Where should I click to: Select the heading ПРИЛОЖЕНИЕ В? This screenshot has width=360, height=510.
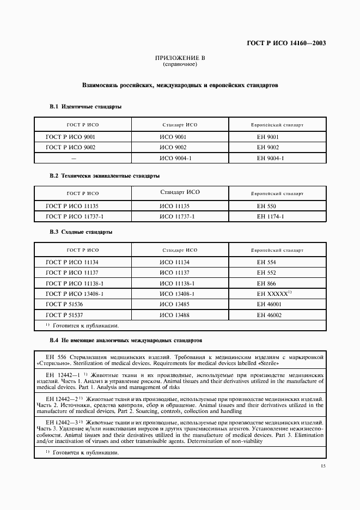[x=180, y=58]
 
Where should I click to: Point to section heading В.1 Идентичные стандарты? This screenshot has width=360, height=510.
[x=86, y=107]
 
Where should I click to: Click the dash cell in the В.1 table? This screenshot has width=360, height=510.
[x=74, y=158]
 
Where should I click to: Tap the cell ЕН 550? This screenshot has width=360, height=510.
[x=267, y=207]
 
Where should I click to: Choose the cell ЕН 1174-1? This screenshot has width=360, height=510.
[x=271, y=217]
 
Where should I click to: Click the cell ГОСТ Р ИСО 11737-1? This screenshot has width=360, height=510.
[x=75, y=217]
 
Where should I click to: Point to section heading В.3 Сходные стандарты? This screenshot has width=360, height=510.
[x=81, y=232]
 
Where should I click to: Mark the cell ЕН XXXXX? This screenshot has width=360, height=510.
[x=274, y=294]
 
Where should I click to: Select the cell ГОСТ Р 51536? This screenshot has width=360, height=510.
[x=64, y=304]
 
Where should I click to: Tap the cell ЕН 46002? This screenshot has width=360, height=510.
[x=269, y=315]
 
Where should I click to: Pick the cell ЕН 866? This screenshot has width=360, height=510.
[x=267, y=283]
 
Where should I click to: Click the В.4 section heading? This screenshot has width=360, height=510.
[x=126, y=340]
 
